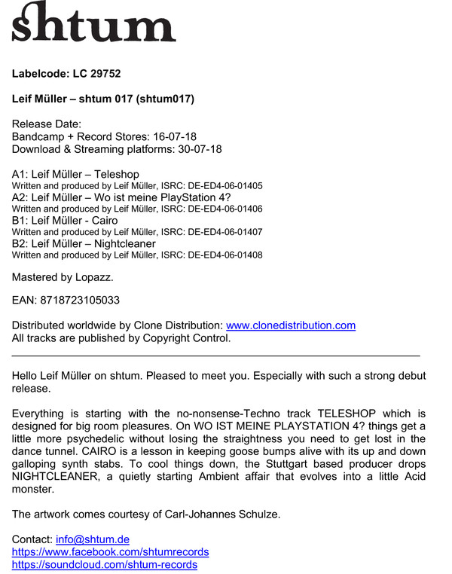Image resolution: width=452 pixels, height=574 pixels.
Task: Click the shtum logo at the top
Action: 93,23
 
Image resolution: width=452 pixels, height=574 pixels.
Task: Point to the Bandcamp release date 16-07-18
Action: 171,136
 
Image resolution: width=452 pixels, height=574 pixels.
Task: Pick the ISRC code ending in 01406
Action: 225,209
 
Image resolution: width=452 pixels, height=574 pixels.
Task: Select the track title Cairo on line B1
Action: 105,221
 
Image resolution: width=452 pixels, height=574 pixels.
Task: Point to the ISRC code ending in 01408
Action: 225,256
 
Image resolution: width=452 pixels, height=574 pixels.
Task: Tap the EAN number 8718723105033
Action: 81,300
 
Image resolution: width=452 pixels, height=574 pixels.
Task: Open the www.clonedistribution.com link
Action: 290,325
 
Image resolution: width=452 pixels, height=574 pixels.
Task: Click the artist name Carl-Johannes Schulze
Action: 226,514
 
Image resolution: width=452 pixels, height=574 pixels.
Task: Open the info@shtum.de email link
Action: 93,539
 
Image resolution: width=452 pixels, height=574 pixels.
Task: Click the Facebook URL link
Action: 110,552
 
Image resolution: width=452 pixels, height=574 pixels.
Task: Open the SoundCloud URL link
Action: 105,565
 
